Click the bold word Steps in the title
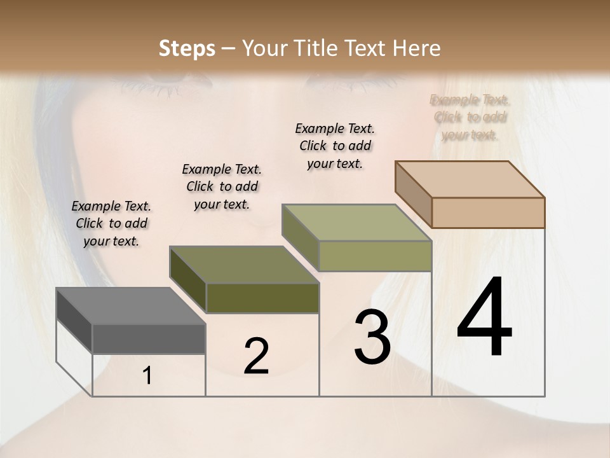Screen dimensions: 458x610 (x=187, y=48)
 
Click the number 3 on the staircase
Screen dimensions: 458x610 (x=372, y=337)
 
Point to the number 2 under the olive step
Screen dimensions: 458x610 (x=257, y=356)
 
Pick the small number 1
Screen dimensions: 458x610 (x=147, y=376)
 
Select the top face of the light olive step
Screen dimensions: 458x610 (x=356, y=223)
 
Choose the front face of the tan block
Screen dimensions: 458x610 (x=488, y=212)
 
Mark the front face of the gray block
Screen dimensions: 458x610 (x=149, y=339)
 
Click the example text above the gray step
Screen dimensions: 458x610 (x=111, y=223)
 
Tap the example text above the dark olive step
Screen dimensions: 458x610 (x=222, y=186)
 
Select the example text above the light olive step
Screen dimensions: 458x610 (x=335, y=146)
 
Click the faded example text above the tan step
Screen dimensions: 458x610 (x=470, y=117)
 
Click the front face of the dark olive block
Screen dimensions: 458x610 (x=262, y=298)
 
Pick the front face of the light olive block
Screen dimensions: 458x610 (x=375, y=256)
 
